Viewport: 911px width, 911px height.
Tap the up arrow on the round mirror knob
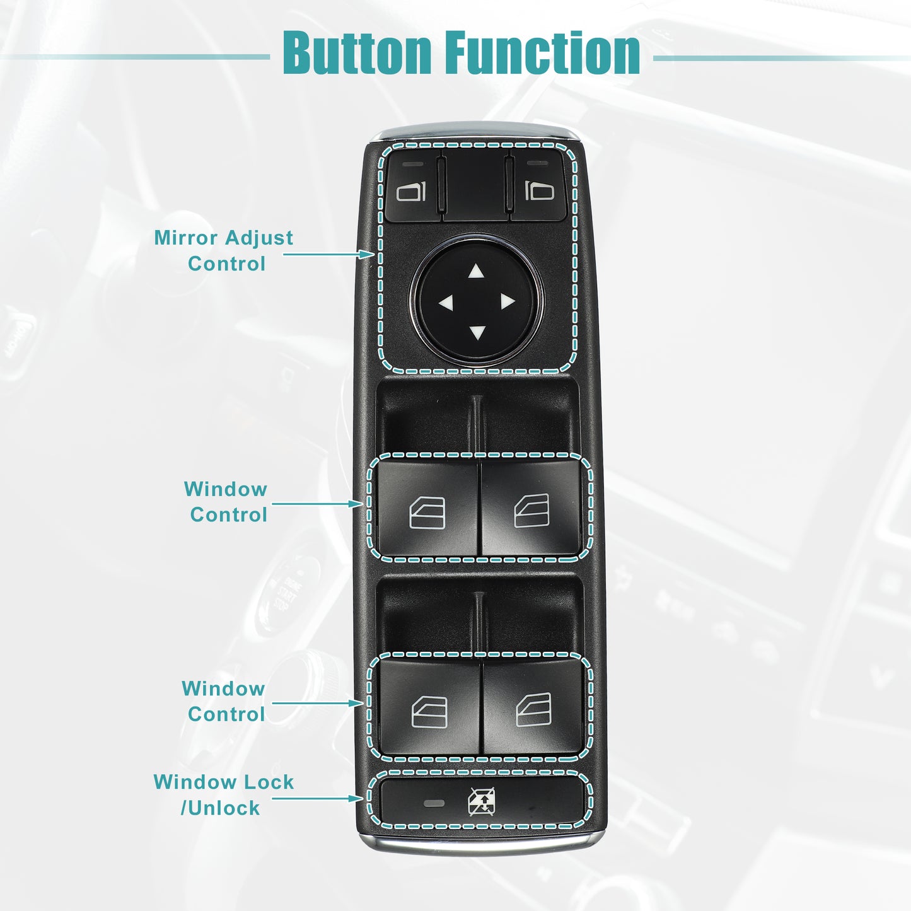[477, 271]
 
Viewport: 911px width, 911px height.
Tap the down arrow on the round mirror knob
[477, 332]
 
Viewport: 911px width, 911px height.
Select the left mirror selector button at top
[413, 186]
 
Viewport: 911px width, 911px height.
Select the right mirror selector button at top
[538, 186]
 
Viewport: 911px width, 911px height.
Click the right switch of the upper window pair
[531, 508]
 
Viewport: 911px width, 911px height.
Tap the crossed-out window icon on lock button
[481, 802]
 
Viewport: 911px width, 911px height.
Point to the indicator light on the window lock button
[434, 803]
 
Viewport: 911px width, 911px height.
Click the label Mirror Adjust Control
[224, 250]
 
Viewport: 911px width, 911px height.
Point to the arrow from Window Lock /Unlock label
[317, 799]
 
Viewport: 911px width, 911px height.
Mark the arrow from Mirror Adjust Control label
[329, 254]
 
